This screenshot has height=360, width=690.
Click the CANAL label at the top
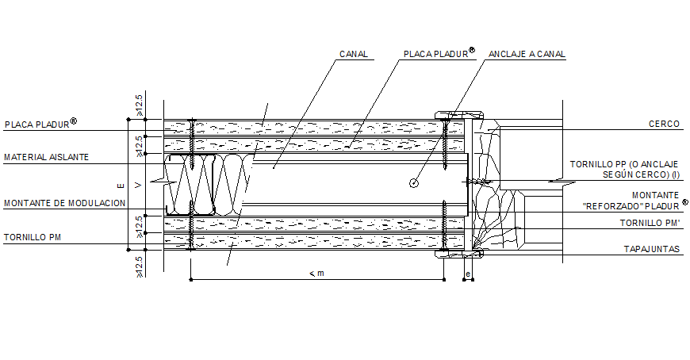pos(353,55)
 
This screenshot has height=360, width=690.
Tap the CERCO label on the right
pos(664,124)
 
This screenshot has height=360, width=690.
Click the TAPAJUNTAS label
pos(652,249)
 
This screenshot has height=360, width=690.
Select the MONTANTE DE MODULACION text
pos(65,203)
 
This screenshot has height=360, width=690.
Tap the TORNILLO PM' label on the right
pos(650,224)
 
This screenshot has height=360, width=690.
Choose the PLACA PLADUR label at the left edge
pos(36,124)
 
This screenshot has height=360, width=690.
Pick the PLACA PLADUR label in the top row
pos(435,54)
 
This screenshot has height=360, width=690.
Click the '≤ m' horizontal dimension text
pos(316,274)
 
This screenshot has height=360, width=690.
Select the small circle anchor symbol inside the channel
pos(413,183)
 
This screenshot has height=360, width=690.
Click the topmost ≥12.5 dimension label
pos(140,105)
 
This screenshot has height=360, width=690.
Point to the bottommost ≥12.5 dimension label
pos(140,266)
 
